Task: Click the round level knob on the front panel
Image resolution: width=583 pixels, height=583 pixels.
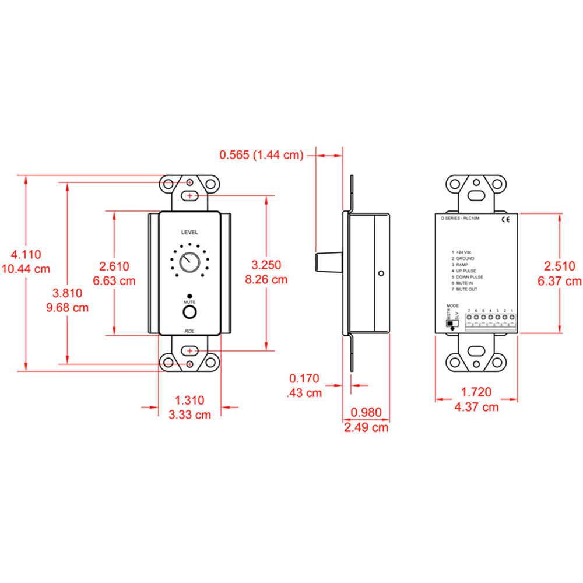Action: [x=189, y=263]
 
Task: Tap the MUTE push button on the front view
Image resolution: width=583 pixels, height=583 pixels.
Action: [x=189, y=313]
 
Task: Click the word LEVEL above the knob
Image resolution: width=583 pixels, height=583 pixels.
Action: [x=189, y=232]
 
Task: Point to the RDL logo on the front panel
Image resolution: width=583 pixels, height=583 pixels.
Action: [x=189, y=331]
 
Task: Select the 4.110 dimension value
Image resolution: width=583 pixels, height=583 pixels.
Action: [x=26, y=255]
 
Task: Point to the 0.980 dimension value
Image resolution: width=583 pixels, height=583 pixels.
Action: [x=366, y=413]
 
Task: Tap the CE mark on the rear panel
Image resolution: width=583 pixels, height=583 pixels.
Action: [x=505, y=220]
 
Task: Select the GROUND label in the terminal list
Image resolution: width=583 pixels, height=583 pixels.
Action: [x=465, y=258]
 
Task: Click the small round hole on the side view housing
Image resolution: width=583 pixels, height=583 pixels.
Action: [x=381, y=273]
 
